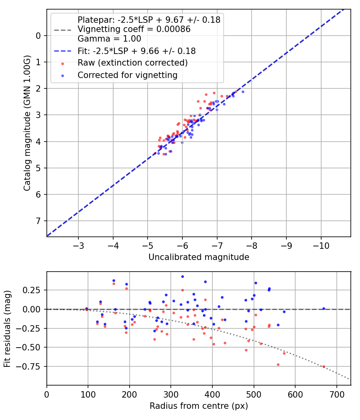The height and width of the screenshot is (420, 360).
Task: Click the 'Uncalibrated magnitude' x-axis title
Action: click(x=199, y=257)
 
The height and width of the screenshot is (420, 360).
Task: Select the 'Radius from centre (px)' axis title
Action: click(x=199, y=406)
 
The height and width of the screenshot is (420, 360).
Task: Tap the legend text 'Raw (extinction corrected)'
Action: click(x=132, y=63)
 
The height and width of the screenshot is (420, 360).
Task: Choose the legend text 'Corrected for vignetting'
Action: click(x=127, y=75)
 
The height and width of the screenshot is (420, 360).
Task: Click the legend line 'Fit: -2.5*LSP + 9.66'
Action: click(x=136, y=51)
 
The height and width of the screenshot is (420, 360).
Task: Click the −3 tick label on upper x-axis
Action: click(x=78, y=245)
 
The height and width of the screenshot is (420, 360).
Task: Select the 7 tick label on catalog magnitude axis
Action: click(x=39, y=221)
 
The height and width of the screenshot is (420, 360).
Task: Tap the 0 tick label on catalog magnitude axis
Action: click(x=39, y=36)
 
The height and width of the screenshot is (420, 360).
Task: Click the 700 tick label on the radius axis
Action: click(x=337, y=394)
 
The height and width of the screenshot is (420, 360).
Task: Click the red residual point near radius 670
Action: click(x=324, y=366)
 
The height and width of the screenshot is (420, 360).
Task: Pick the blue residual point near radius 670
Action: click(x=324, y=308)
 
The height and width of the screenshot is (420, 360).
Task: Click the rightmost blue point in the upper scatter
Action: click(x=243, y=92)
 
